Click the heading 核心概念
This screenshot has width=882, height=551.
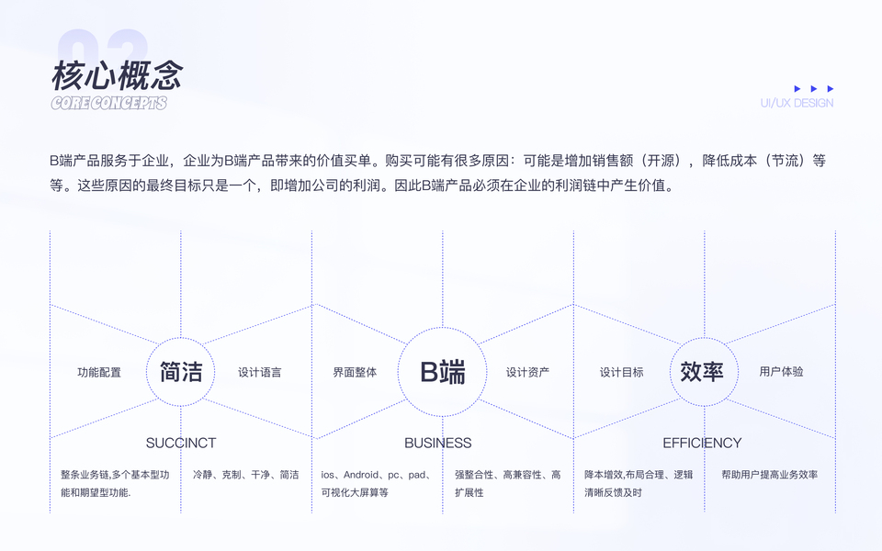click(117, 74)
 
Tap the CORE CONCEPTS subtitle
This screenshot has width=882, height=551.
click(108, 103)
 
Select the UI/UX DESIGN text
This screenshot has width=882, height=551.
click(797, 103)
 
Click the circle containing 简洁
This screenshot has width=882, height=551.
click(181, 371)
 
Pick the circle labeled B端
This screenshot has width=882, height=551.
click(443, 371)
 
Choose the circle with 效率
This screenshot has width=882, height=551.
click(703, 371)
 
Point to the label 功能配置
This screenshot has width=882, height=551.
click(99, 372)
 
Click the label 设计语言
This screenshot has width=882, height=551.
click(260, 372)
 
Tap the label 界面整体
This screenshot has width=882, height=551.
click(355, 372)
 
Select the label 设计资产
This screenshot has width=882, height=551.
click(527, 372)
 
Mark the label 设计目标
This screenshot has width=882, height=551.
click(622, 372)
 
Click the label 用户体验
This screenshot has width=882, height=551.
click(781, 372)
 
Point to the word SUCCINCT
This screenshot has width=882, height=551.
click(181, 443)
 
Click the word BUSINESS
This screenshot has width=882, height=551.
click(438, 443)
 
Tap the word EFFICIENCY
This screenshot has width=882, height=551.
click(702, 443)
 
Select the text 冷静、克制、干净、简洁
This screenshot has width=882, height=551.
click(245, 475)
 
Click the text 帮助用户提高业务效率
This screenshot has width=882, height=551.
click(769, 475)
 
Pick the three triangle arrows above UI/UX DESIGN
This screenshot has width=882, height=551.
click(814, 89)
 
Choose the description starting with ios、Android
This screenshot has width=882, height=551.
click(376, 483)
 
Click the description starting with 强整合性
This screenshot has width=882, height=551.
click(507, 483)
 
